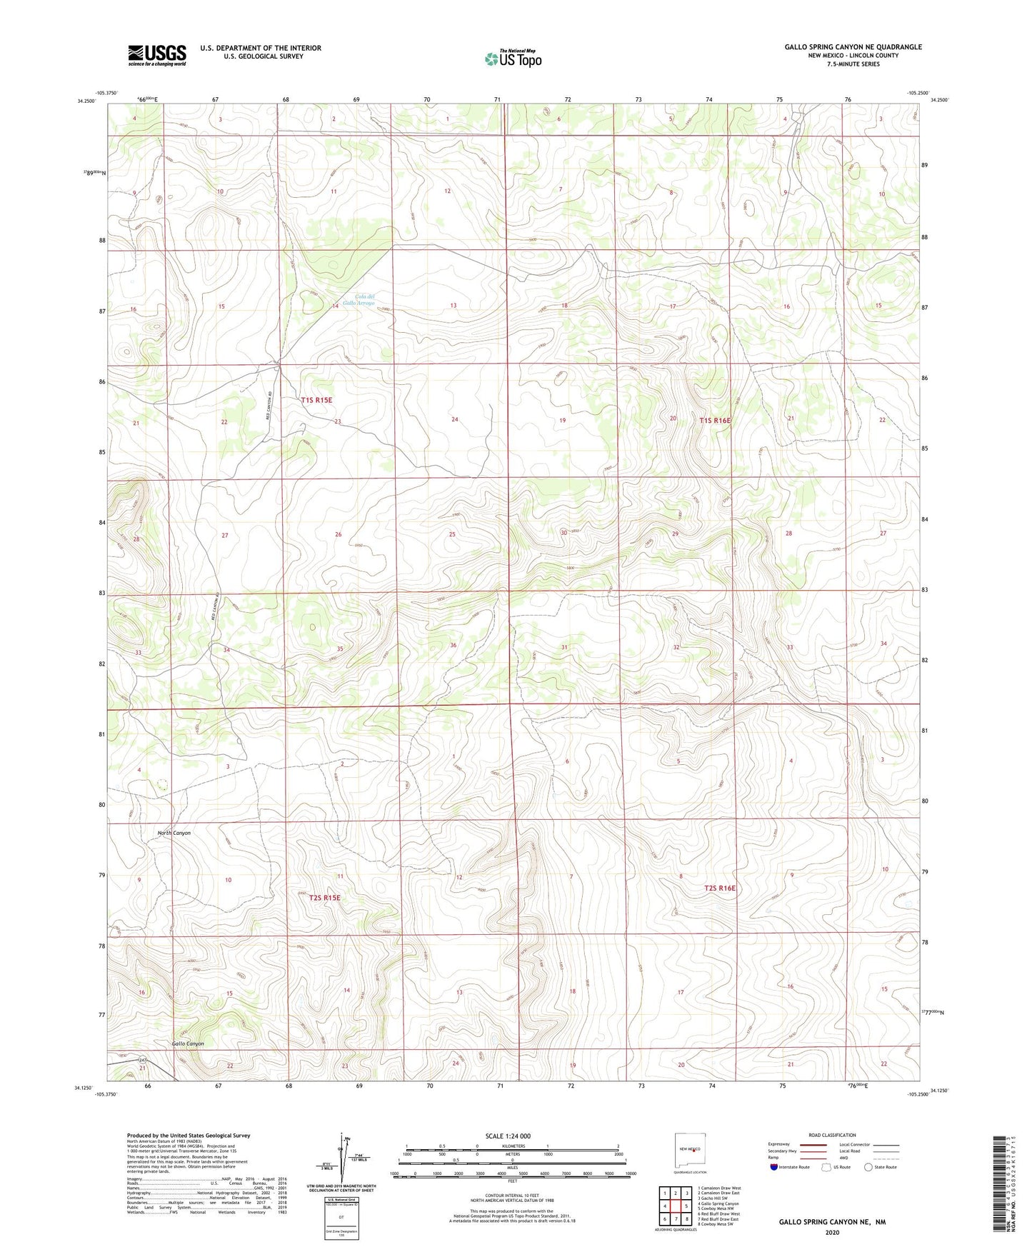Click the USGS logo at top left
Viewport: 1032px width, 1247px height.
tap(157, 55)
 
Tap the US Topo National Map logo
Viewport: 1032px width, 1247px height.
tap(513, 59)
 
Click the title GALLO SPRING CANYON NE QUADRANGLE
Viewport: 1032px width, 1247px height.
tap(853, 47)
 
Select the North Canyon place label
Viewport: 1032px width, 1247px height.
tap(174, 833)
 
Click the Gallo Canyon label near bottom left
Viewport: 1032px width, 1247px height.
tap(188, 1043)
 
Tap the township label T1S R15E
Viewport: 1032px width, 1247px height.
tap(316, 401)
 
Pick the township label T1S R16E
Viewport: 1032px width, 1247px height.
tap(715, 421)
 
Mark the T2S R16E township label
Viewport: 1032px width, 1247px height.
tap(719, 888)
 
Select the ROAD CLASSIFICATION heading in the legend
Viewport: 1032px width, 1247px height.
tap(832, 1135)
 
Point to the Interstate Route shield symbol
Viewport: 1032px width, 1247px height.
tap(774, 1168)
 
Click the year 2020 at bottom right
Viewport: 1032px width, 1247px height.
tap(831, 1232)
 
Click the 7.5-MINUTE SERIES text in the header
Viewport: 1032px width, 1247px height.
tap(853, 64)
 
